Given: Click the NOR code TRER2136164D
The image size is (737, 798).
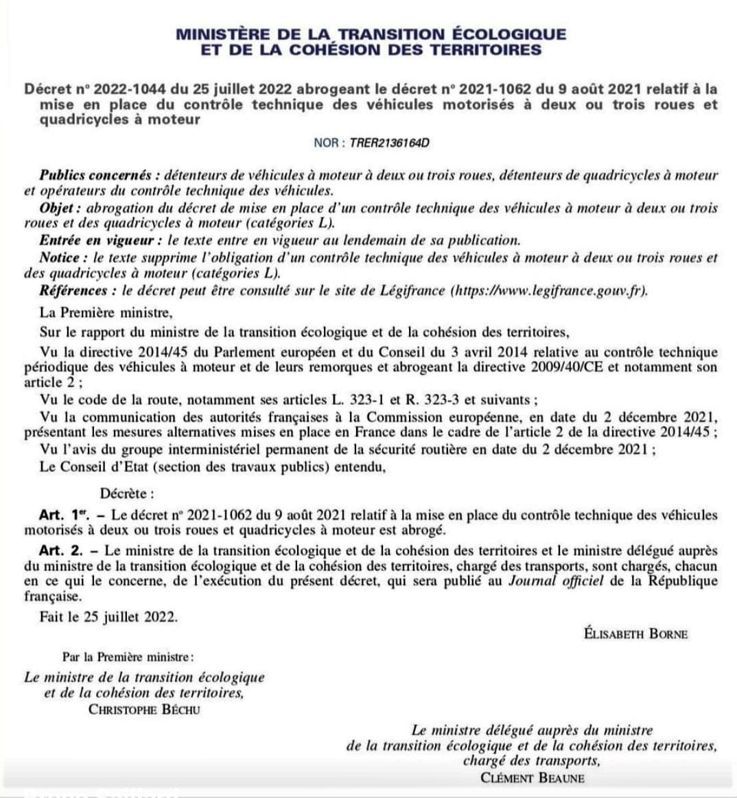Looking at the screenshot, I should [x=390, y=143].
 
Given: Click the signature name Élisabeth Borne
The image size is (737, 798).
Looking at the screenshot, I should [x=635, y=633].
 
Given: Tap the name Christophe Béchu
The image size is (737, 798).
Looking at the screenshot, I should [x=144, y=709].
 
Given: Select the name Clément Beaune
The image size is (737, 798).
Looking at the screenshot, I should [x=533, y=777].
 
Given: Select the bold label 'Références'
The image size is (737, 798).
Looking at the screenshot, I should [x=78, y=290].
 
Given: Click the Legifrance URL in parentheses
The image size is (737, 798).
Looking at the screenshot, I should [x=549, y=290].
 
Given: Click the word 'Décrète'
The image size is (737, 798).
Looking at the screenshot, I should [x=127, y=493].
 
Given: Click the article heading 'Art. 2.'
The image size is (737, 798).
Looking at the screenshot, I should [x=61, y=550].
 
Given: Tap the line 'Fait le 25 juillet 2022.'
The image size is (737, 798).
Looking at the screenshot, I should [x=108, y=616].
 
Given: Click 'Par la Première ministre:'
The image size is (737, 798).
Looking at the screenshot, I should [x=128, y=657].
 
